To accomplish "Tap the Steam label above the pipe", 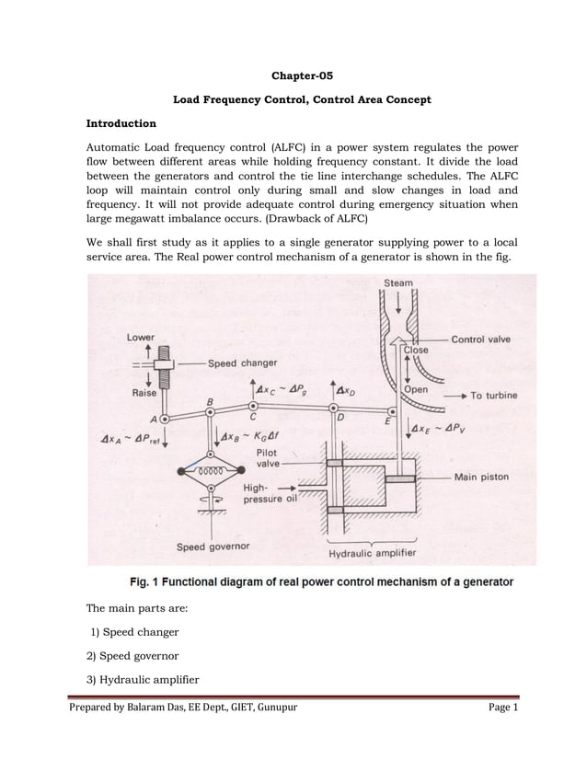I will click(397, 283).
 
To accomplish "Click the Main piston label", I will click(511, 478).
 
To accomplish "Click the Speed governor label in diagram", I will click(213, 547).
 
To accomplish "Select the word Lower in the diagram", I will click(140, 338).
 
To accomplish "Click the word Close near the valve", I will click(418, 351).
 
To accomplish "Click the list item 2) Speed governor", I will click(134, 657).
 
